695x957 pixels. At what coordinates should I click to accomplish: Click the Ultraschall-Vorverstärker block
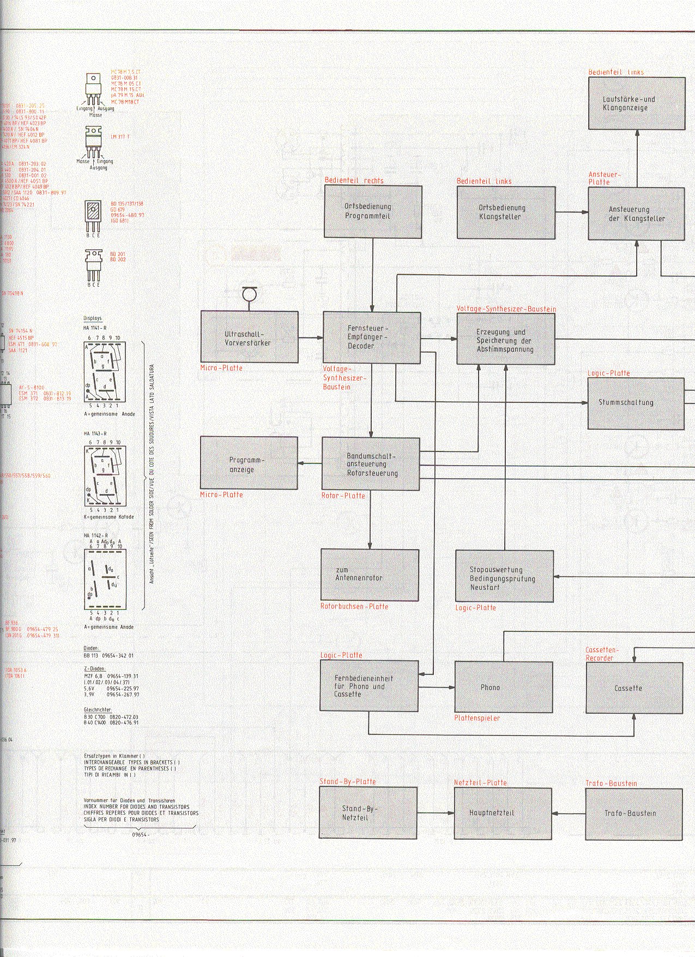[249, 337]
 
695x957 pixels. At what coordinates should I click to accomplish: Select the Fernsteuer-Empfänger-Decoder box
[372, 338]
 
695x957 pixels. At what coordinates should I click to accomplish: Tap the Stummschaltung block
[636, 403]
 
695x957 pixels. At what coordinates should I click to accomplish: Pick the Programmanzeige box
[249, 463]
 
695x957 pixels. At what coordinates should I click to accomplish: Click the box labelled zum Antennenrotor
[370, 575]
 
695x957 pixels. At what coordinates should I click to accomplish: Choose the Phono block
[503, 687]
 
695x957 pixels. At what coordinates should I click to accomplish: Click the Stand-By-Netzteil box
[368, 812]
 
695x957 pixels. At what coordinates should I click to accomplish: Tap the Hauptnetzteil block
[503, 812]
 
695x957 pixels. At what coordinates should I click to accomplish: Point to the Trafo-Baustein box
[634, 813]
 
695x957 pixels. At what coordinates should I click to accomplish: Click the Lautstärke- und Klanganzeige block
[636, 104]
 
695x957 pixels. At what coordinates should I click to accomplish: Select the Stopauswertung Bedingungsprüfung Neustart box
[504, 576]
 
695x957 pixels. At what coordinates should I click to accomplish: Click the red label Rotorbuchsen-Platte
[354, 606]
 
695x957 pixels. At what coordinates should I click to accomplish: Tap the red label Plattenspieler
[477, 718]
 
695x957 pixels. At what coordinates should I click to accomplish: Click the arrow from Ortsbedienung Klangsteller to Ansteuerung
[572, 213]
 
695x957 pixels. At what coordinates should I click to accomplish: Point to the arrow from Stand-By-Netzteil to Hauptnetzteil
[436, 813]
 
